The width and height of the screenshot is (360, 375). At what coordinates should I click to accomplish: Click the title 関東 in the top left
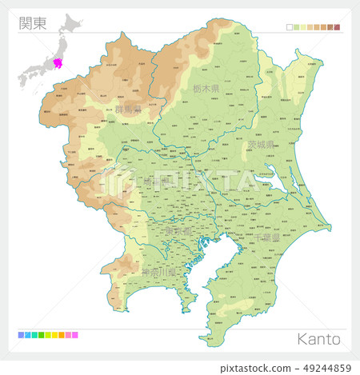point(34,22)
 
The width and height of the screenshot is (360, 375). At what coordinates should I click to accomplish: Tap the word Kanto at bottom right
point(318,338)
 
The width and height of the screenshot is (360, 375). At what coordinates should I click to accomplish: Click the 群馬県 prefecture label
point(128,109)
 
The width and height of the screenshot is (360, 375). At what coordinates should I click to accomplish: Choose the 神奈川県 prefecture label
point(157,272)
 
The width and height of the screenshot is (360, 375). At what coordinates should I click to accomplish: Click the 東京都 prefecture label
point(178,230)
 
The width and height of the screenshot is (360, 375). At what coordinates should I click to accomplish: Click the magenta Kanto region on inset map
point(57,62)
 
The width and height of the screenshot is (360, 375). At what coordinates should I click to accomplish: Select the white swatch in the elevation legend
point(290,27)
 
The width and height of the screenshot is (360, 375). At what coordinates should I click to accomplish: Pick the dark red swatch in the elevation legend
point(337,27)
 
